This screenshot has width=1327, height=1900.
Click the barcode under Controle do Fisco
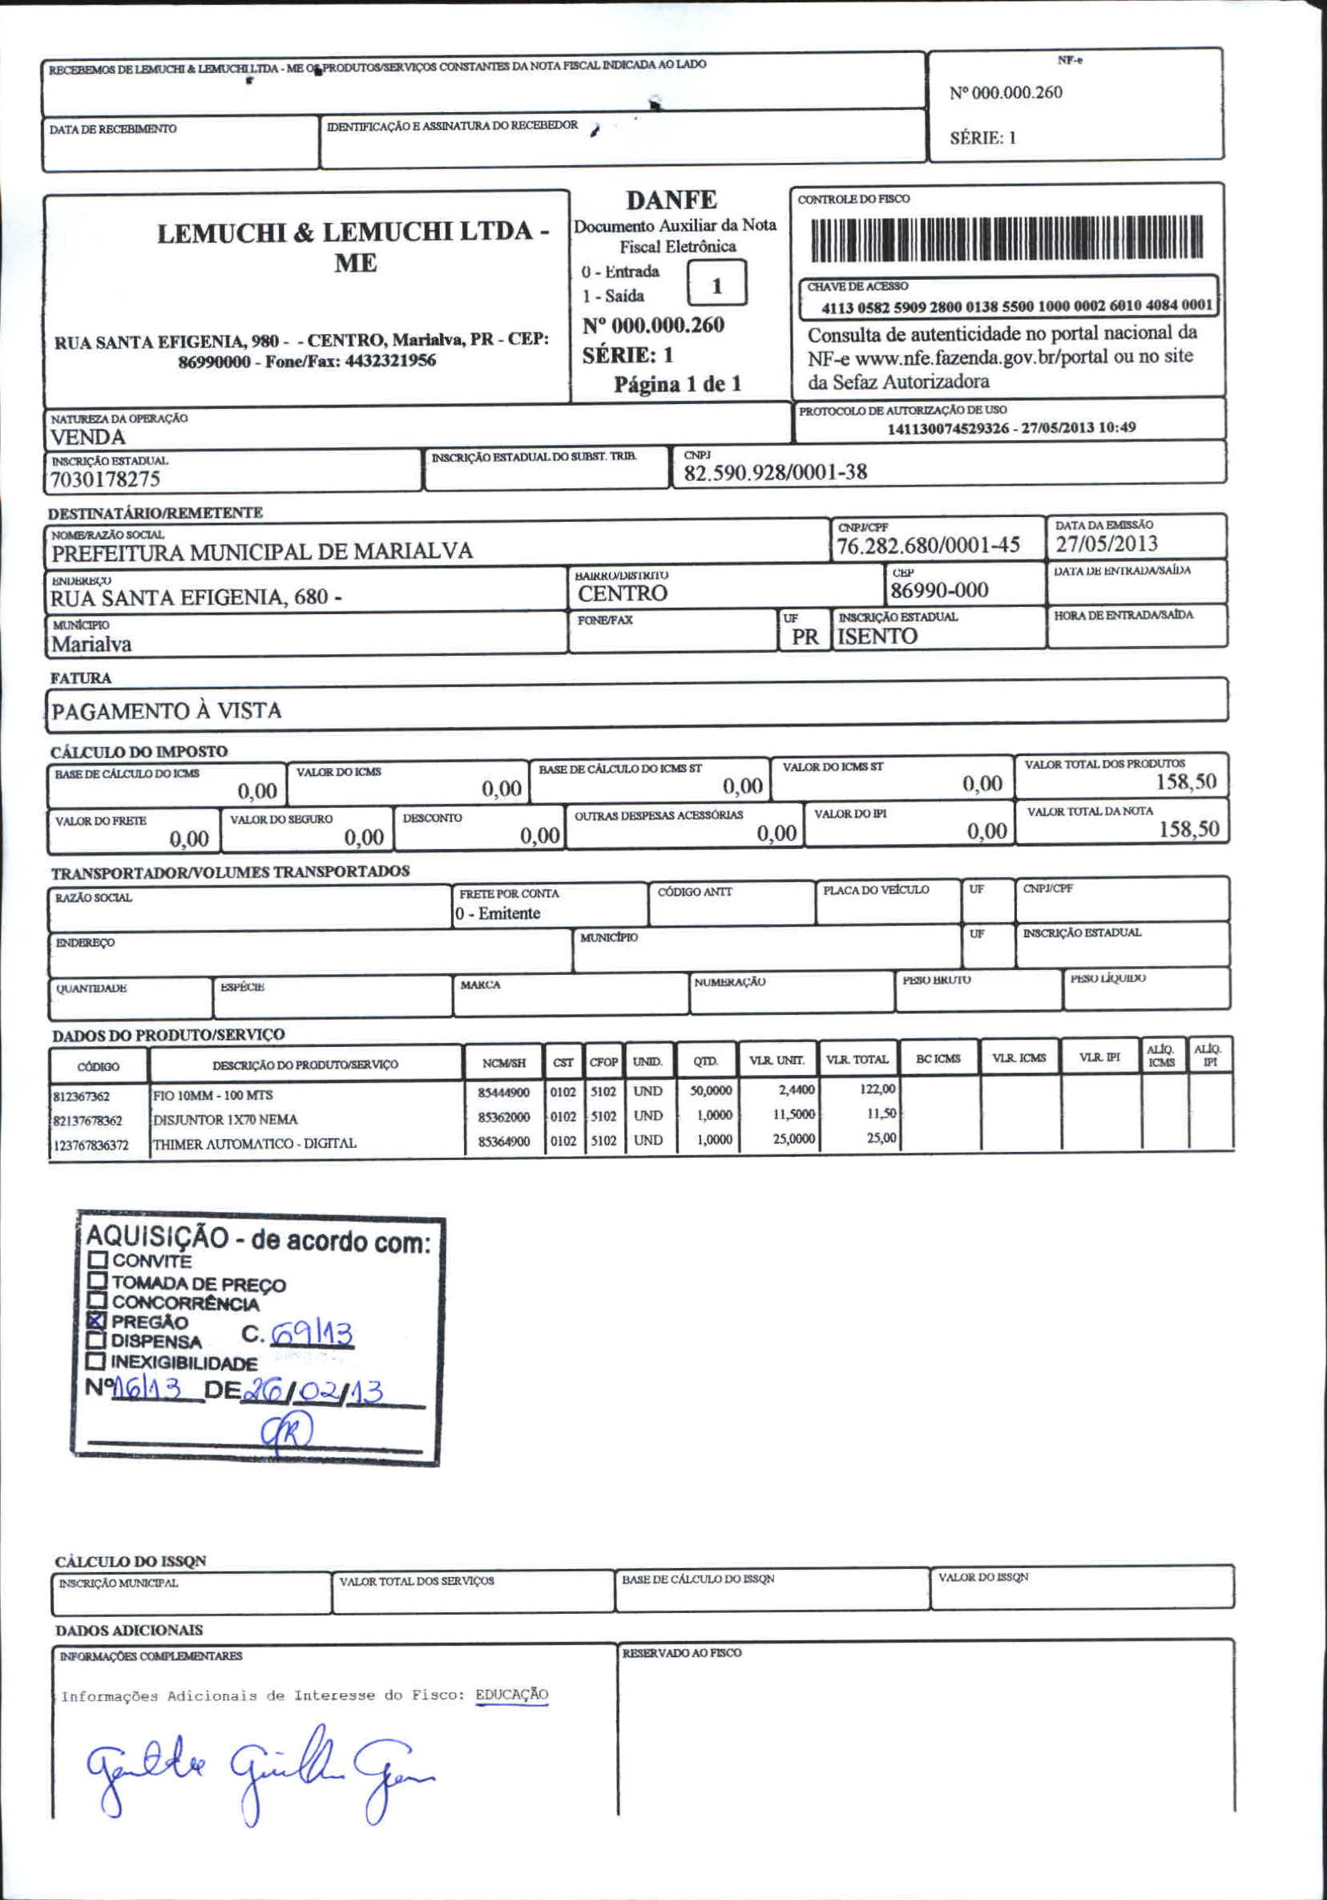[x=1006, y=237]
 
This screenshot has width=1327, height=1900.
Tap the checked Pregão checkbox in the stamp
[x=97, y=1320]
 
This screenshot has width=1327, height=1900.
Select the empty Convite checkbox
[x=99, y=1260]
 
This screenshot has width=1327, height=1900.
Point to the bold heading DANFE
[x=671, y=200]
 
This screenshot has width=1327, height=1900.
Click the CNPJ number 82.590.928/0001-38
[x=775, y=472]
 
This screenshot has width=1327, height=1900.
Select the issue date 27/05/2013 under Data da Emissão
[x=1106, y=544]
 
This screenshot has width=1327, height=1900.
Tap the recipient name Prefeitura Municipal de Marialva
[x=261, y=552]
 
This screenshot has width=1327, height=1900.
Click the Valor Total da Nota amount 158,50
[x=1188, y=829]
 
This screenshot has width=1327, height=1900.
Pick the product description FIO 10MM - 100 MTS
[x=212, y=1095]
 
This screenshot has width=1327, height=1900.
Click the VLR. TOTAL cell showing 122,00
[x=877, y=1089]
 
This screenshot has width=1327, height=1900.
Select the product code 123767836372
[x=91, y=1146]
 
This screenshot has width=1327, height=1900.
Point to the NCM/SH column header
[x=503, y=1062]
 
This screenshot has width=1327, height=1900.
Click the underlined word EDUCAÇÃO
[x=511, y=1694]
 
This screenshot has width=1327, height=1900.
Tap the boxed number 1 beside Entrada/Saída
[x=716, y=285]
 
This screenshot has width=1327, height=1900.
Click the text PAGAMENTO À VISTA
[x=167, y=711]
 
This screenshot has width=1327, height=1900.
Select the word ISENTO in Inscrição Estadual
[x=877, y=637]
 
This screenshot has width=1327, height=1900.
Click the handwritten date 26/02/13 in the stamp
[x=312, y=1391]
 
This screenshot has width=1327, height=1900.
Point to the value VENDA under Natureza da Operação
[x=87, y=437]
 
